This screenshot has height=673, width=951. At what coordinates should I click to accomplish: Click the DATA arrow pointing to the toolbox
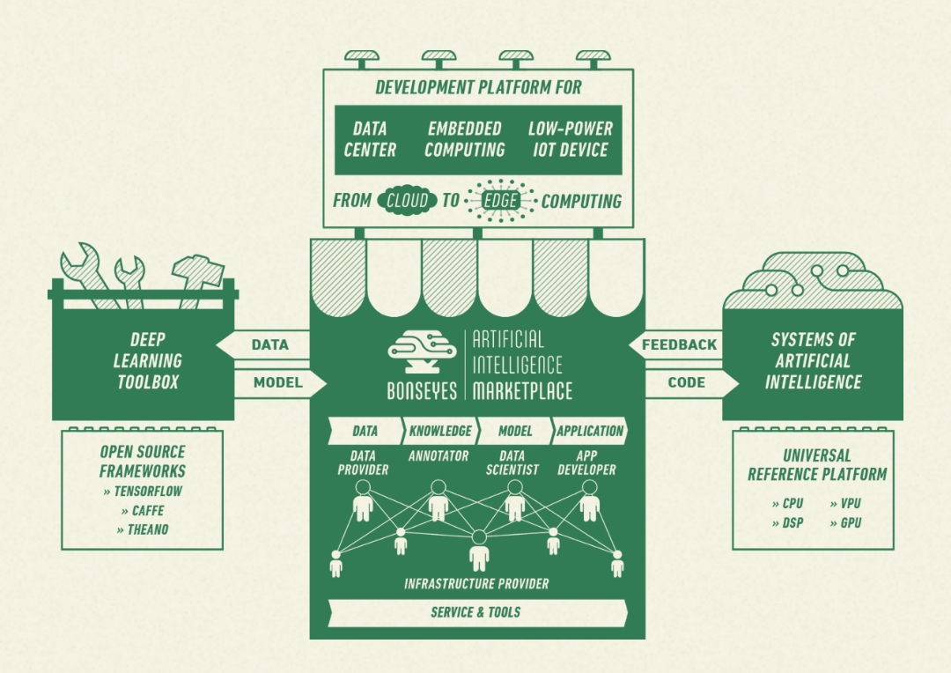pos(269,344)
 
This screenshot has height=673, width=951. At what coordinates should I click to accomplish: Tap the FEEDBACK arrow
pos(678,344)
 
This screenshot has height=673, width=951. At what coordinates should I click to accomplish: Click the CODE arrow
pos(687,382)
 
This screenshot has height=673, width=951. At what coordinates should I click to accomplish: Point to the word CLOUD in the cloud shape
pos(407,201)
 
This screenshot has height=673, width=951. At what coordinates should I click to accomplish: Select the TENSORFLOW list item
pos(143,491)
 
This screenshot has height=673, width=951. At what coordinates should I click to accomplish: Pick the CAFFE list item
pos(143,510)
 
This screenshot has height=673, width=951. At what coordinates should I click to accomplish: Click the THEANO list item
pos(143,529)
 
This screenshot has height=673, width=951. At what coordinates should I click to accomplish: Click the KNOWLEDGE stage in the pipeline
pos(440,432)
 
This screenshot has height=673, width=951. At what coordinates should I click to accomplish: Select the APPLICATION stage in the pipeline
pos(590,432)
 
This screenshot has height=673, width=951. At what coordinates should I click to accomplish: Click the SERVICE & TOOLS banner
pos(475,612)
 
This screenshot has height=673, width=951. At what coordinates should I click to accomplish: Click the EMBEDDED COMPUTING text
pos(465,139)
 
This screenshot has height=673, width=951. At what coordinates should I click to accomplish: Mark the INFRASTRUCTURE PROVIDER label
pos(476,583)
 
